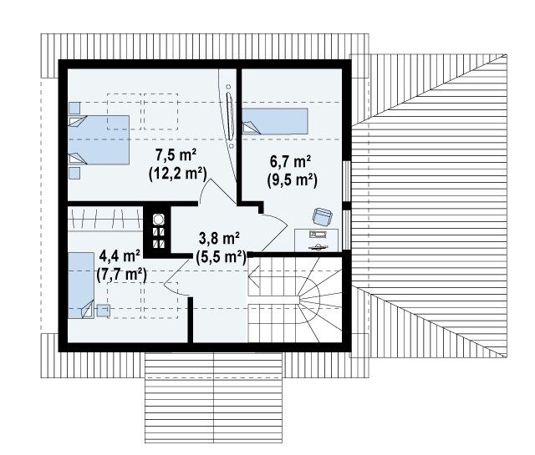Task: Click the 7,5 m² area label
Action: pyautogui.click(x=176, y=155)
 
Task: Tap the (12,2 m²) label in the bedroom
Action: pyautogui.click(x=178, y=174)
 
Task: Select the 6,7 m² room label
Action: pyautogui.click(x=290, y=161)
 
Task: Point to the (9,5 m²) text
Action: pyautogui.click(x=292, y=179)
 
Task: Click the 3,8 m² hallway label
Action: pyautogui.click(x=219, y=238)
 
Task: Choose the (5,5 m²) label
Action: pyautogui.click(x=221, y=257)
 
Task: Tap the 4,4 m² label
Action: pyautogui.click(x=120, y=255)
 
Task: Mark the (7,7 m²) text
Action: pyautogui.click(x=121, y=274)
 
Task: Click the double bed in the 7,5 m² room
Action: pyautogui.click(x=99, y=139)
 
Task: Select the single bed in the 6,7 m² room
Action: pyautogui.click(x=275, y=121)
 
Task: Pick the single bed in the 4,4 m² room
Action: pyautogui.click(x=81, y=286)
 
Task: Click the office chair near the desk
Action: pyautogui.click(x=323, y=217)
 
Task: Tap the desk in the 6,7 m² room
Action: pyautogui.click(x=316, y=240)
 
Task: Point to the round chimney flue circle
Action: pyautogui.click(x=158, y=220)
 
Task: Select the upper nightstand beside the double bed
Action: pyautogui.click(x=74, y=108)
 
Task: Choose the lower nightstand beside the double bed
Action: pyautogui.click(x=74, y=173)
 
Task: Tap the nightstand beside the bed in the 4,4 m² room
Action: pyautogui.click(x=103, y=311)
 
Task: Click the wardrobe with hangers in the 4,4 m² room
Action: pyautogui.click(x=105, y=219)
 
